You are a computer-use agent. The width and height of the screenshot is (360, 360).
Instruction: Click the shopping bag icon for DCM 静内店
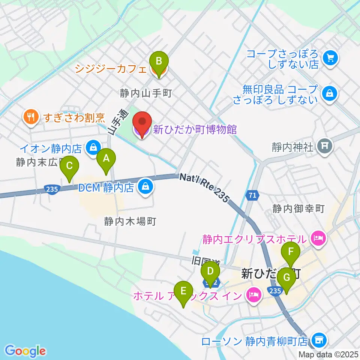coord(145,186)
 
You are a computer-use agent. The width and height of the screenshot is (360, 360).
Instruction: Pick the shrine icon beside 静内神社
coord(325,146)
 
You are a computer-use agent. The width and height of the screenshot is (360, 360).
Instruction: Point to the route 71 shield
coord(252,195)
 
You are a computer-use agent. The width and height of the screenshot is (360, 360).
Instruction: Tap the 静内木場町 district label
coord(130,221)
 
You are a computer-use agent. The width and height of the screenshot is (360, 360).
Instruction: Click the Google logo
coord(25,351)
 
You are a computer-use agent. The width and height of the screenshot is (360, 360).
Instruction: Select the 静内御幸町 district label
coord(298,208)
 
